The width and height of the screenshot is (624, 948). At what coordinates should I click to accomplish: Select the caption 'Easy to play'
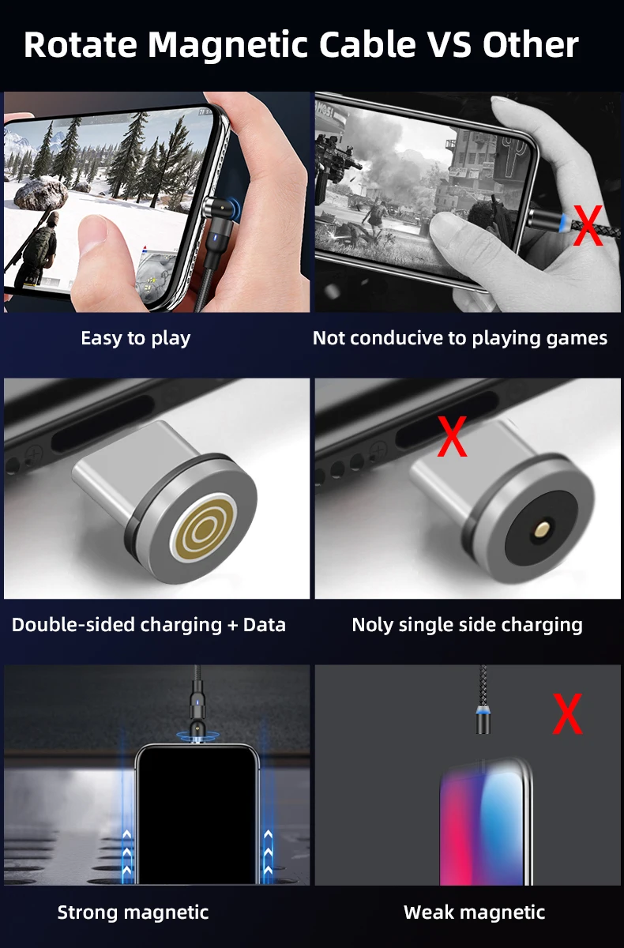pos(135,338)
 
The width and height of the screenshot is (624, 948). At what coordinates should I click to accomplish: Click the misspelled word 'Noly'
pos(372,625)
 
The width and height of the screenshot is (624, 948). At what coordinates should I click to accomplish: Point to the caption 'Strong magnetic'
pos(133,912)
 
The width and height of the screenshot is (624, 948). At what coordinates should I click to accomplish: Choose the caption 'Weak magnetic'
pos(474,912)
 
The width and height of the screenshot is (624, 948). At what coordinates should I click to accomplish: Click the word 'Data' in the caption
pos(264,625)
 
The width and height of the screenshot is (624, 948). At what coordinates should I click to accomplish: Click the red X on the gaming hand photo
pos(588,226)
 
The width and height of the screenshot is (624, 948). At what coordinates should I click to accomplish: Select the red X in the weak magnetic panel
pos(567,714)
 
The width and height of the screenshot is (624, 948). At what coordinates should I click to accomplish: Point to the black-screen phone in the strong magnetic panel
pos(197,814)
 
